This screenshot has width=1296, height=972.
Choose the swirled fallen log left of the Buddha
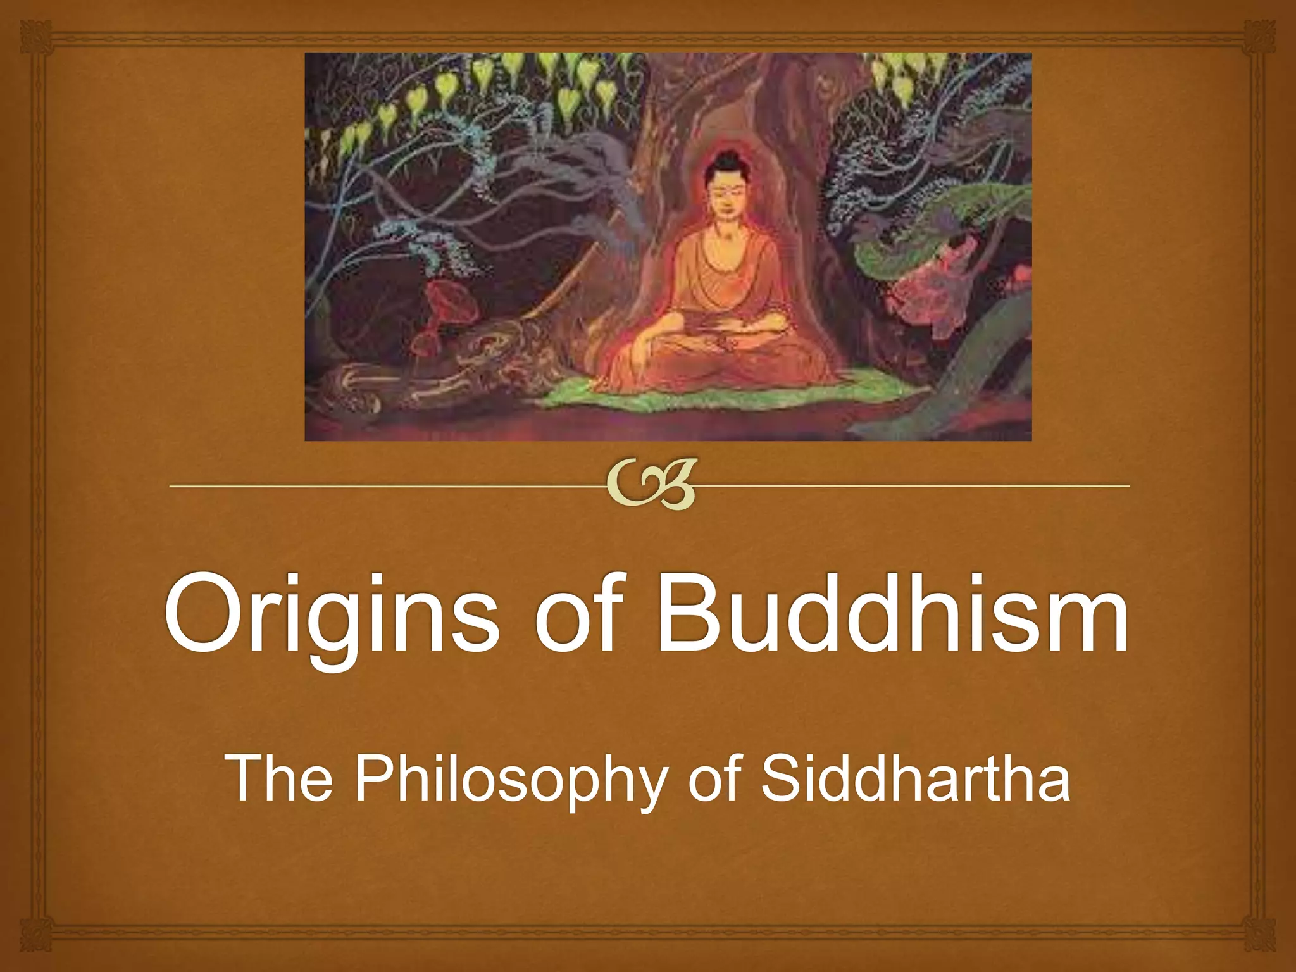point(443,367)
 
